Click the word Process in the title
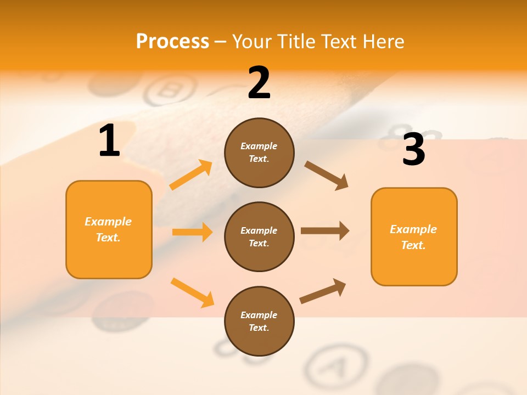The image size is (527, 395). point(172,42)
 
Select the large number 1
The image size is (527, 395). point(109,142)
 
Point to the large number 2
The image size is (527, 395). point(259,83)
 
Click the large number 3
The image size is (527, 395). point(413,150)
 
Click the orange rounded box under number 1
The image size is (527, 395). point(109,229)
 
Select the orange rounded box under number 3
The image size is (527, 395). point(414,236)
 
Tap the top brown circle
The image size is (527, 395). point(259,153)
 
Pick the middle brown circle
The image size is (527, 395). point(259,236)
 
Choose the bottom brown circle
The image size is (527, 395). point(259,321)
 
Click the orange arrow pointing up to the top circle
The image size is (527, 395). point(191,175)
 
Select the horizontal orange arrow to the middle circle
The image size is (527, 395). point(192,232)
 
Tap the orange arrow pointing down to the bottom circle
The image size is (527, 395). point(192,292)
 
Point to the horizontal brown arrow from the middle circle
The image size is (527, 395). point(325,230)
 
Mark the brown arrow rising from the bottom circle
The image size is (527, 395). point(323,291)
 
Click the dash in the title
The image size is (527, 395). point(220,42)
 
